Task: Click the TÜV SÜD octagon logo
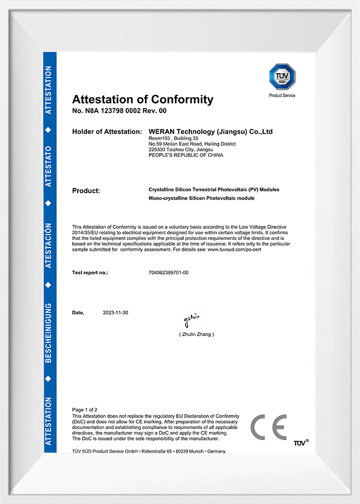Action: click(x=282, y=77)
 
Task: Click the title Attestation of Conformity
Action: click(x=143, y=99)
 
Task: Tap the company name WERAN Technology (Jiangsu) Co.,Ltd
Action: click(x=211, y=132)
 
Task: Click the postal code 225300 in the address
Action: click(x=157, y=150)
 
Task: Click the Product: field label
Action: click(x=86, y=191)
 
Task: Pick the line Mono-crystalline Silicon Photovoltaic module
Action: click(x=201, y=198)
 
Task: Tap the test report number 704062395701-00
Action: click(x=169, y=272)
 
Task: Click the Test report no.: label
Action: click(x=90, y=272)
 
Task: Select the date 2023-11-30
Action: click(x=115, y=313)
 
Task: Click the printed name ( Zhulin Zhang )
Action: click(x=196, y=334)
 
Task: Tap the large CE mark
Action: click(x=268, y=427)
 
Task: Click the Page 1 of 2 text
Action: click(x=85, y=409)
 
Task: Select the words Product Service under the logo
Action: click(x=282, y=96)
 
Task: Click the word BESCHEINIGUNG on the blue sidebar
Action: click(x=49, y=332)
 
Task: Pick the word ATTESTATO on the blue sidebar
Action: click(x=49, y=167)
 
